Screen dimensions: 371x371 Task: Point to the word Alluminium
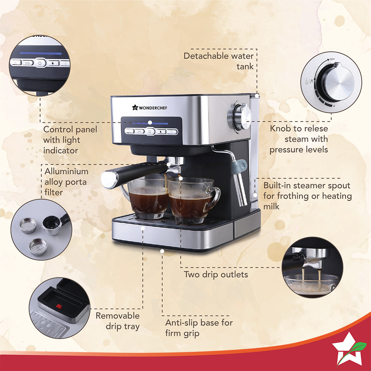coord(66,171)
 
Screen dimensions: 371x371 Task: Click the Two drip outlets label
coord(216,275)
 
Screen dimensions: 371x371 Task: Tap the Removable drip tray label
coord(118,321)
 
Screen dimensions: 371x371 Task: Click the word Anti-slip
coord(181,323)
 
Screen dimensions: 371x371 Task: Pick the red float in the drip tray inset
coord(59,306)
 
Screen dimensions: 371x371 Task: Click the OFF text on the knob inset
coord(332,59)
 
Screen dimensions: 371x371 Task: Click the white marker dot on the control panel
coord(150,123)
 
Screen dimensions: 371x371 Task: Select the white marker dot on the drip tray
coord(143,228)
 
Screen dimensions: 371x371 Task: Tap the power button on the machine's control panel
coord(150,132)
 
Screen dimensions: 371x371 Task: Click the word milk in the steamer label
coord(272,206)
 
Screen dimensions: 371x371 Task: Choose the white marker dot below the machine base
coord(162,251)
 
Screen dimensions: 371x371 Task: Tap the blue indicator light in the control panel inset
coord(41,53)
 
